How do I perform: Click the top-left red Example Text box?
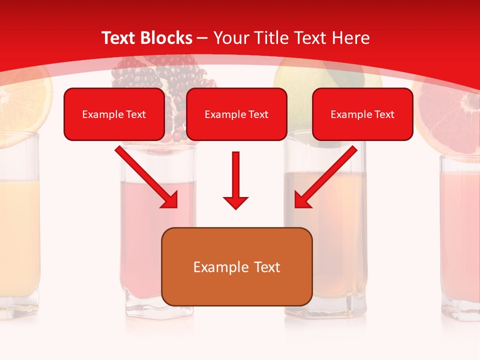coord(114,114)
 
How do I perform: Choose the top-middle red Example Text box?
coord(236,114)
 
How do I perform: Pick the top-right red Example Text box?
coord(362,114)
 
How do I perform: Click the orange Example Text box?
coord(236,266)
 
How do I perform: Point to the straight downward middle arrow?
coord(235,180)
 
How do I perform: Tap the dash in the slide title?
coord(202,38)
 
